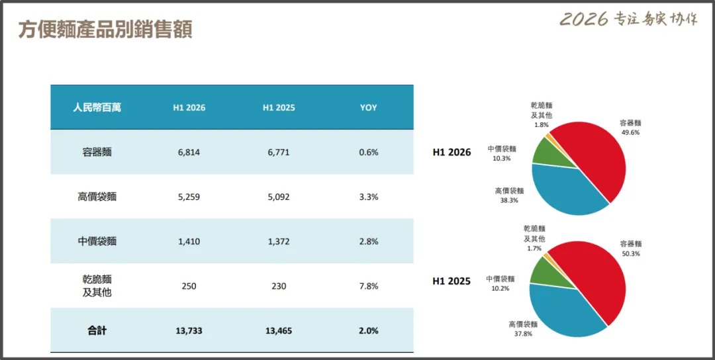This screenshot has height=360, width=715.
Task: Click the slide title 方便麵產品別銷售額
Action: [105, 30]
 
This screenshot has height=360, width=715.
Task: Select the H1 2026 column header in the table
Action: [189, 108]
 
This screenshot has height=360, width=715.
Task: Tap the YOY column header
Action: [369, 108]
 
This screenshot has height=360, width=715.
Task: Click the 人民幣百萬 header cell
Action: [97, 108]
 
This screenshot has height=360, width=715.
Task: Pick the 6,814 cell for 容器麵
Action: [189, 153]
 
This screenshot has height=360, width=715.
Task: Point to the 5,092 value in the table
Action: [279, 197]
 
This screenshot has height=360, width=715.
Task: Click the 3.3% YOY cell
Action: [369, 197]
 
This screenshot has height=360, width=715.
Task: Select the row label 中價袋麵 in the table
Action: [97, 242]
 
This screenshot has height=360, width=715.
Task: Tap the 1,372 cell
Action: [279, 242]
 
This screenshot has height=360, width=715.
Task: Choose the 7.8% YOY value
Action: [369, 286]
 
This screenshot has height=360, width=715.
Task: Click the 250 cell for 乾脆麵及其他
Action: [189, 286]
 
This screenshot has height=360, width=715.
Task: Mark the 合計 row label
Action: [97, 330]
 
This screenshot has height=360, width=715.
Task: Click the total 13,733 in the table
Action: [189, 331]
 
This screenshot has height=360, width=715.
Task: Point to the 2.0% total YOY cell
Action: [369, 331]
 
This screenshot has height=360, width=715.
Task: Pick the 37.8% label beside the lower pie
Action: [523, 334]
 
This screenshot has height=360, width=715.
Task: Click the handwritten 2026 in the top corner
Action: [584, 19]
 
